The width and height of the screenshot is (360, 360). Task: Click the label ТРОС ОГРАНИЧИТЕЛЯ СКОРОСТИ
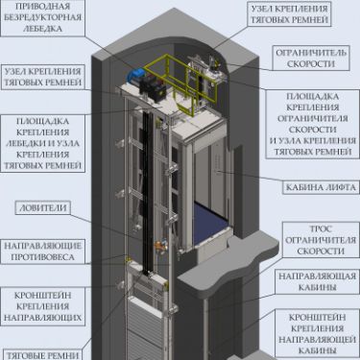[316, 238]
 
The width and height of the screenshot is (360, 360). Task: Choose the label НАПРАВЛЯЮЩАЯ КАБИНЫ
[314, 281]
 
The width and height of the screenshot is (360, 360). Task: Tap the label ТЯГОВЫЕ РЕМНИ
[44, 354]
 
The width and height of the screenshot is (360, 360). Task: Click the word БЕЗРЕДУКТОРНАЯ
[47, 17]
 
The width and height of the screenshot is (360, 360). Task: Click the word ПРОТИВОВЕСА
[47, 258]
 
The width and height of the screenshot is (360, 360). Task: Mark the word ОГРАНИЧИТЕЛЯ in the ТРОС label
[316, 238]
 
